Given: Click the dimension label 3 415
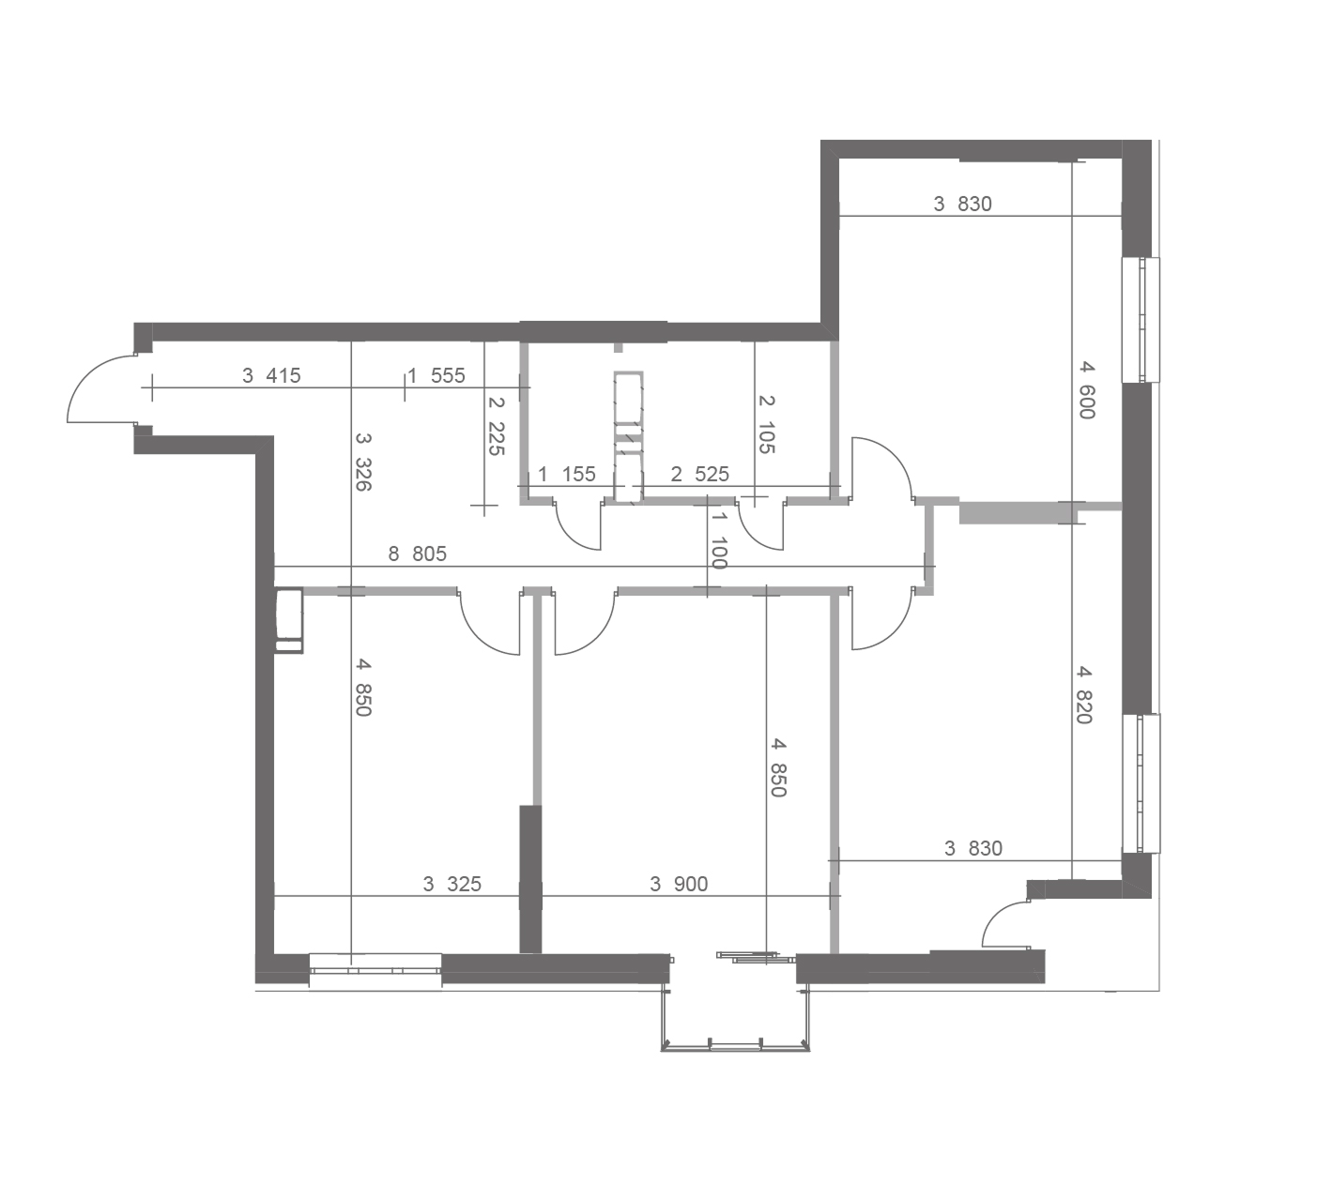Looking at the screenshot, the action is [x=271, y=376].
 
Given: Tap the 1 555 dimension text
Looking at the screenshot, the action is [x=436, y=376].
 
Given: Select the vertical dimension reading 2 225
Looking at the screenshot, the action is [x=496, y=426].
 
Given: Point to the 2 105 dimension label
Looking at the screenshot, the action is [x=766, y=424].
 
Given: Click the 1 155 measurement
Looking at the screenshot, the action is [x=567, y=474].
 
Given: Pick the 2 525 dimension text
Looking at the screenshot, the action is [x=699, y=474].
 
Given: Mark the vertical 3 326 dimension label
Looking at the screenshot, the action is [x=363, y=462].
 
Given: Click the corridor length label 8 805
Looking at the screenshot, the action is [x=417, y=554].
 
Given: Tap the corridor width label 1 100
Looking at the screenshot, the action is [x=719, y=540].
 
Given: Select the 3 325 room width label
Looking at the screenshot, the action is [x=452, y=884].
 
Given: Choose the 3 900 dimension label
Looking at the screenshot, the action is [x=679, y=884].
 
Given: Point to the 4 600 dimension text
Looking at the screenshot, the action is [x=1085, y=389].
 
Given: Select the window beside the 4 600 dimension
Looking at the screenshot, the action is [x=1140, y=319].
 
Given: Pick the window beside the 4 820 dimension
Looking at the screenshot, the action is [x=1141, y=782].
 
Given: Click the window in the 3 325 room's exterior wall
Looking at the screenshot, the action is [x=375, y=969].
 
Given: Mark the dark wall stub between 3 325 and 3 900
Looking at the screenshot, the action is [x=530, y=879].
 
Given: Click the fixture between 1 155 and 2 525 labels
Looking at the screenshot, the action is [x=628, y=437].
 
